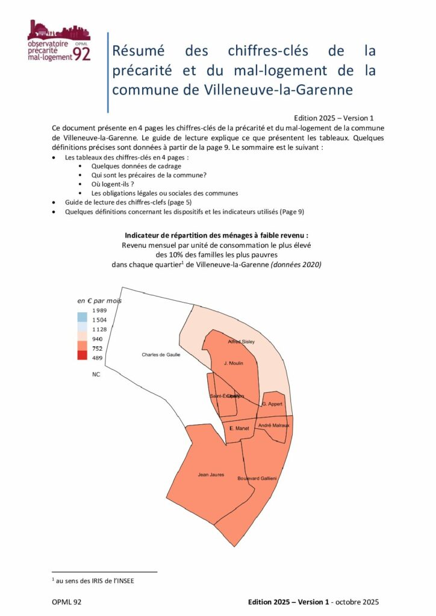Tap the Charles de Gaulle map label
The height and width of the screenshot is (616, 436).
point(161,355)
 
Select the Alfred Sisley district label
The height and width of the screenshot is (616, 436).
point(241,342)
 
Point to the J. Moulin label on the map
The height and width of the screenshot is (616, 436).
point(233,363)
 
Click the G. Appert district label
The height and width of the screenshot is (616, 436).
point(272,404)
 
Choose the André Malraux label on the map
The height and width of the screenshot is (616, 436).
point(273,425)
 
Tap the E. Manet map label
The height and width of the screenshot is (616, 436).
point(239,428)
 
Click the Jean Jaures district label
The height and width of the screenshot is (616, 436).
point(211,475)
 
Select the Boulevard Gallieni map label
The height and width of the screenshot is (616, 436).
point(257,478)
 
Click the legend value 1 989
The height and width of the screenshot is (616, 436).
point(99,310)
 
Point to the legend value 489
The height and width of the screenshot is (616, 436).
point(96,358)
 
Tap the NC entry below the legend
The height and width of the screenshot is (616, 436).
point(96,374)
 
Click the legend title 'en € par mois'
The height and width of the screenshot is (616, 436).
point(99,300)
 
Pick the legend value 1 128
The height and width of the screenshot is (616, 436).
point(99,330)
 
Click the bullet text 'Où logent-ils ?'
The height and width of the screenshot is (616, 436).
point(113,183)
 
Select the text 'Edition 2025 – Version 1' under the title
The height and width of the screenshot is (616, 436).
point(334,118)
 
